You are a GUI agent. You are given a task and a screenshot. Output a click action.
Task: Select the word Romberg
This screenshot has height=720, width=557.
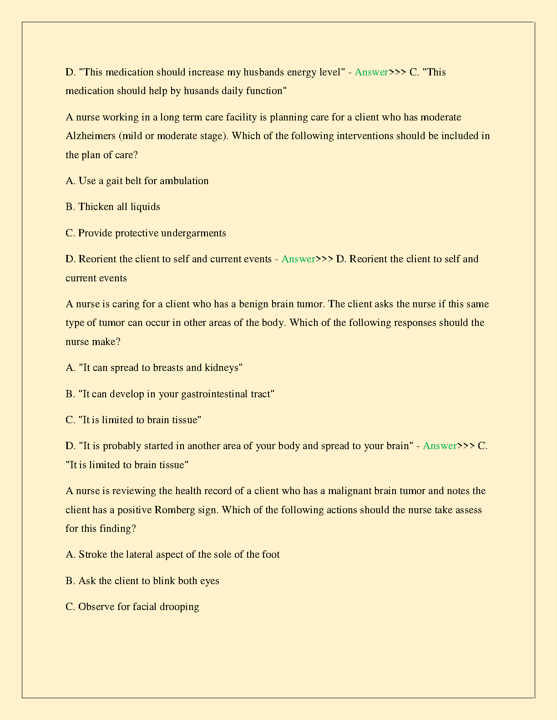pos(175,510)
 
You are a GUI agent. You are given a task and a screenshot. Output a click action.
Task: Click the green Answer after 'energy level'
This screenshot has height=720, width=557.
pos(371,72)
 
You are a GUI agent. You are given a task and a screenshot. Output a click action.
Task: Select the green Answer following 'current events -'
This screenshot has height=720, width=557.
pos(298,259)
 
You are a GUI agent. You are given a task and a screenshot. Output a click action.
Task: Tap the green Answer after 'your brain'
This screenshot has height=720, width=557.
pos(440,446)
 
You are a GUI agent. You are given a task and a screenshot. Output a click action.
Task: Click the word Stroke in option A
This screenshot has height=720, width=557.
pos(93,555)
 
